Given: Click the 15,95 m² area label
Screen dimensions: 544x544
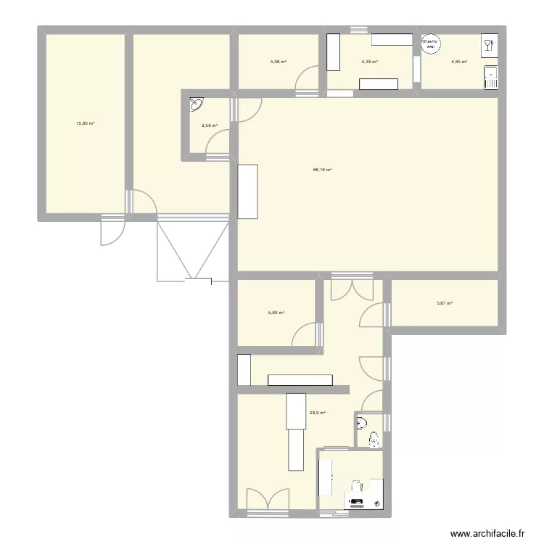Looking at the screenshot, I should click(86, 123).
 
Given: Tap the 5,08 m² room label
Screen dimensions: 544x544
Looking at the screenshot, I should click(278, 62).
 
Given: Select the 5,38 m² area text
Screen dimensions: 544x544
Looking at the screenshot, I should click(370, 62).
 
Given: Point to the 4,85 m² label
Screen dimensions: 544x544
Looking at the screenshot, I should click(459, 62).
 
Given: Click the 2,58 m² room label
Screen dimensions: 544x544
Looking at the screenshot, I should click(209, 125).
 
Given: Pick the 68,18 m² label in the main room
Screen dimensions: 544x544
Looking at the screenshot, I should click(322, 170).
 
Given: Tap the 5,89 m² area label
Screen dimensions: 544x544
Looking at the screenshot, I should click(276, 313).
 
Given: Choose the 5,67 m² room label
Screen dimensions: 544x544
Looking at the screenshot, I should click(445, 303).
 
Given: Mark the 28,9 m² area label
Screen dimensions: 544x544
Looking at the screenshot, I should click(317, 413).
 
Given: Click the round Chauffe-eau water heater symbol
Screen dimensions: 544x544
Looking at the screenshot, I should click(431, 45).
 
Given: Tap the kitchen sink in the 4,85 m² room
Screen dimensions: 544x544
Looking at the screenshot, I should click(491, 77).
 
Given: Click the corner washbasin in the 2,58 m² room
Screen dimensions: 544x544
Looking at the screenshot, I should click(196, 104).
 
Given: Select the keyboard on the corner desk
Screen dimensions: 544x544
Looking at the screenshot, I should click(357, 501).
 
